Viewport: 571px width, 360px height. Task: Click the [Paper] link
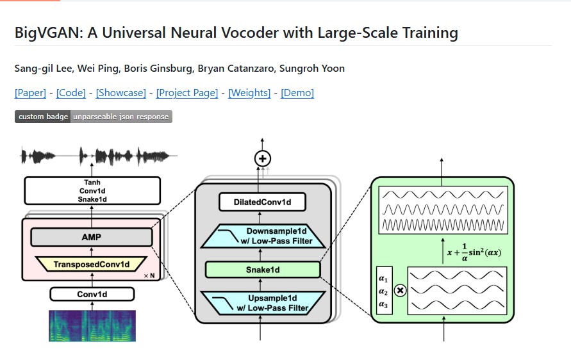point(30,93)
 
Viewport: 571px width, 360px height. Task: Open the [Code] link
point(70,93)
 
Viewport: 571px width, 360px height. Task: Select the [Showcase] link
point(121,93)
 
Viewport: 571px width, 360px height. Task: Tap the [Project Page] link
point(187,93)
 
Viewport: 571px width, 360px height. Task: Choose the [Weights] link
point(249,93)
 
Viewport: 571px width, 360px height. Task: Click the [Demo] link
point(297,93)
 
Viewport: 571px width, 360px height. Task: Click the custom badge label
point(43,117)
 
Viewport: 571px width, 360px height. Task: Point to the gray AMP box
point(91,237)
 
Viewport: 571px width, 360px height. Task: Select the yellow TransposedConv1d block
point(92,264)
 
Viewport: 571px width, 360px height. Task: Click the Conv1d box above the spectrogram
point(92,294)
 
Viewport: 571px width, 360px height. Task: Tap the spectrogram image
point(92,325)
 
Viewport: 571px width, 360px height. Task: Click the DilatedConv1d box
point(262,203)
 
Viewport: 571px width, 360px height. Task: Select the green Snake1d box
point(263,270)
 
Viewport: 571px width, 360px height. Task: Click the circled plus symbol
point(263,158)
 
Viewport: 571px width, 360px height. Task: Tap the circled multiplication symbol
point(400,291)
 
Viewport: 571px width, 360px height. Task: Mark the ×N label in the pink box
point(149,275)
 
